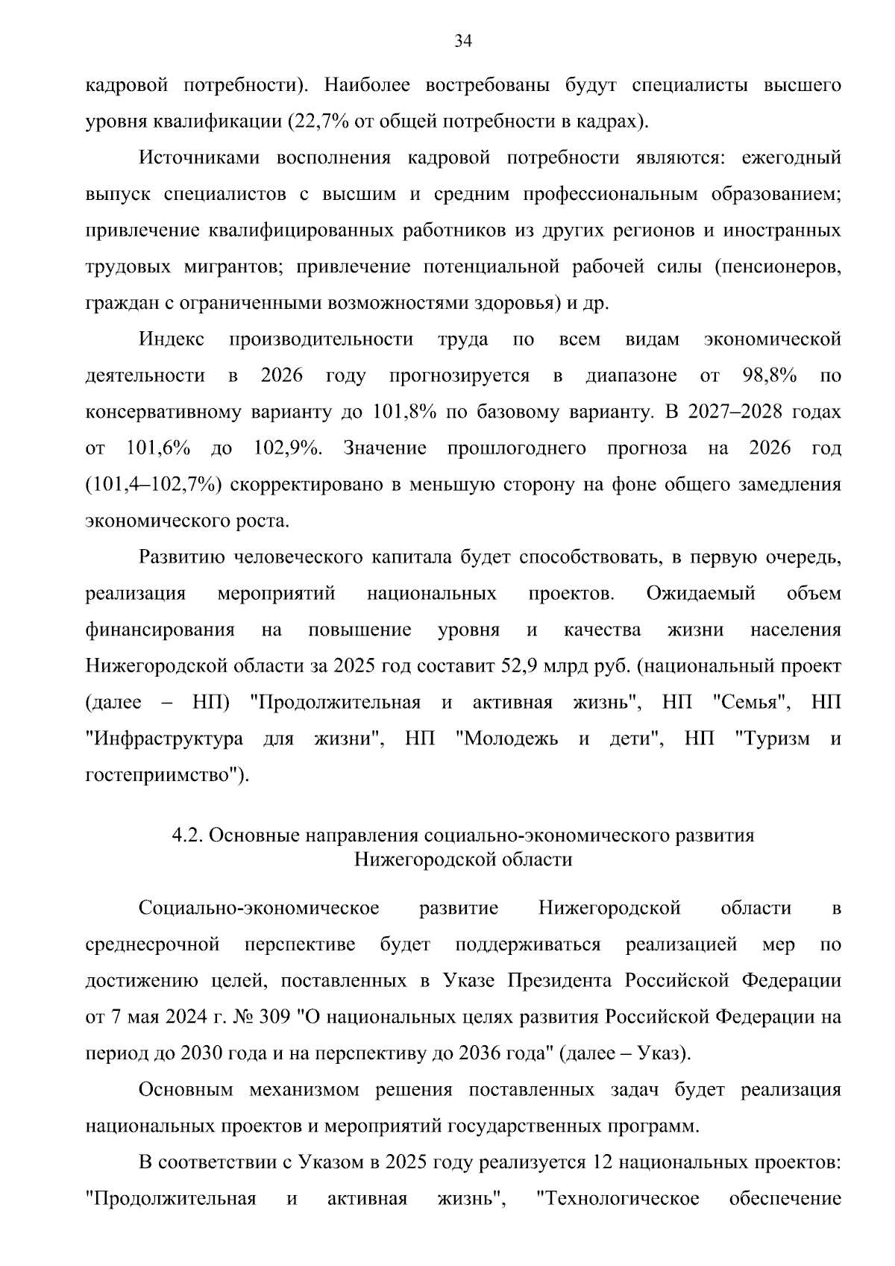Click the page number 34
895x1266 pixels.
click(463, 41)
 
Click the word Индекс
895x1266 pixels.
click(172, 339)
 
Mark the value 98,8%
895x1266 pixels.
click(770, 375)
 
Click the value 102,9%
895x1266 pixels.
click(288, 448)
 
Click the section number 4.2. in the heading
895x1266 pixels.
click(188, 836)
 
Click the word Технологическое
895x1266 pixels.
click(618, 1199)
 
